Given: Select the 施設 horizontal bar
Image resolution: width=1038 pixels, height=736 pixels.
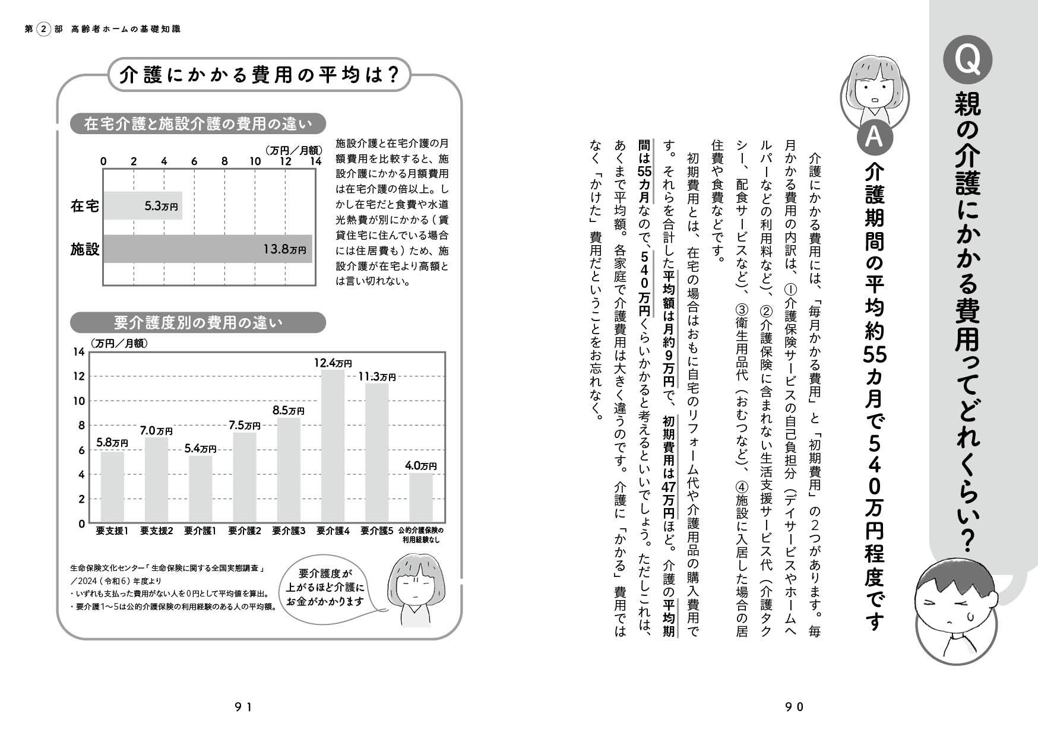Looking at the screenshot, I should pos(208,249).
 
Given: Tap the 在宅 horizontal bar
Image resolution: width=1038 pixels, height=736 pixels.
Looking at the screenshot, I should pos(143,206).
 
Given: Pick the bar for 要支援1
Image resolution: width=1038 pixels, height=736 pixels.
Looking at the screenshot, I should pos(112,487).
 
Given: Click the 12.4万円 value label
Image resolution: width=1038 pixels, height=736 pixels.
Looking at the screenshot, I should pos(333,362).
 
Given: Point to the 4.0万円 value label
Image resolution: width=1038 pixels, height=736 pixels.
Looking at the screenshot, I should pos(420,466).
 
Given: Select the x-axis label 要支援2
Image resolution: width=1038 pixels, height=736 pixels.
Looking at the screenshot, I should pos(156,531).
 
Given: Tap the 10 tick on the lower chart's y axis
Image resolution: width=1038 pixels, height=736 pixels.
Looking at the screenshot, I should pos(79,401).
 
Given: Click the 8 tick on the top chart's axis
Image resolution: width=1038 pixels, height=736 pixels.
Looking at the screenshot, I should pos(224,161).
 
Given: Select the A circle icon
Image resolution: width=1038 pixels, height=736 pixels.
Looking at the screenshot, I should pos(873,136).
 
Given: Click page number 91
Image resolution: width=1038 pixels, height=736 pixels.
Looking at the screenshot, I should pos(243,706).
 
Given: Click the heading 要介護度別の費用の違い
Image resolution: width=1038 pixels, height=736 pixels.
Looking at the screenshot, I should pos(198,323).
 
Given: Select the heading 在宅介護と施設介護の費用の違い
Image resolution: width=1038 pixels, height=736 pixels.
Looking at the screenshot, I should pos(198,124).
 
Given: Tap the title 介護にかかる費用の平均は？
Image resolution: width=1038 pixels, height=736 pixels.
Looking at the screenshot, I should pos(258,75).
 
